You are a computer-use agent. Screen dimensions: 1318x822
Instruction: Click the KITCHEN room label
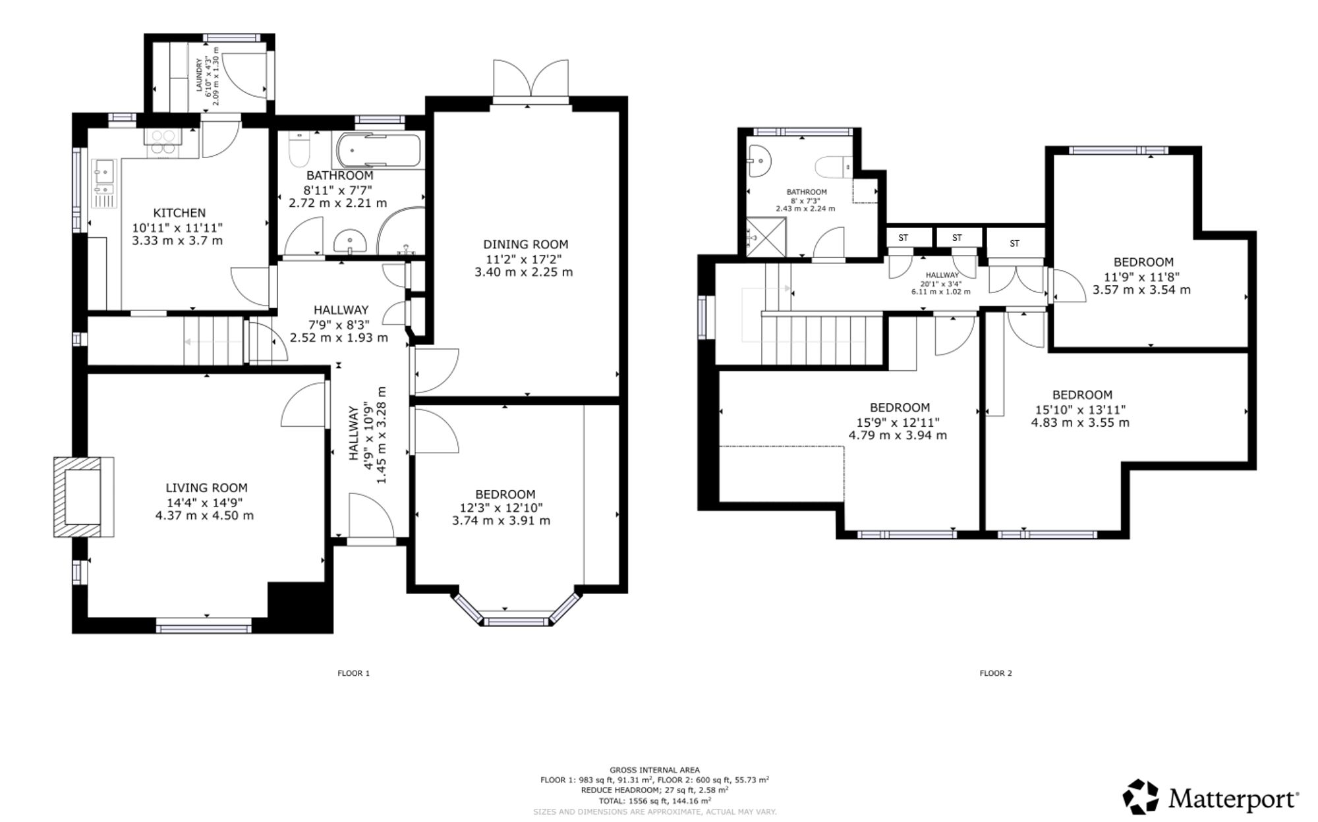click(x=179, y=213)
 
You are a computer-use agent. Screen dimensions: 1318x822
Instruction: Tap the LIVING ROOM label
click(x=206, y=488)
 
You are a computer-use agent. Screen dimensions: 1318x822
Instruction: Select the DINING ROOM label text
click(x=525, y=244)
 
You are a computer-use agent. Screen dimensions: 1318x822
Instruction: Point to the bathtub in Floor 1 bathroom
click(x=378, y=151)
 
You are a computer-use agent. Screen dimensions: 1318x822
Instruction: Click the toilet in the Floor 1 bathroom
click(x=299, y=150)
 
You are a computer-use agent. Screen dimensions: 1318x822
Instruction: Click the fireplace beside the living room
click(x=83, y=497)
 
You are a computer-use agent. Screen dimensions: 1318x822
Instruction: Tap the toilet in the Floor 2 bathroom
click(x=834, y=167)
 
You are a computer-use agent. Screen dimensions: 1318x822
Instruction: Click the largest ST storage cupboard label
click(x=1015, y=244)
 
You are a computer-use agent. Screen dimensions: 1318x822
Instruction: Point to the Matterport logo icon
click(x=1141, y=796)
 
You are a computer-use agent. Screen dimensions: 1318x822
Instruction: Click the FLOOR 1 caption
click(x=354, y=673)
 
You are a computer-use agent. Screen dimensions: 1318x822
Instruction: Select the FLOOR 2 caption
click(x=996, y=673)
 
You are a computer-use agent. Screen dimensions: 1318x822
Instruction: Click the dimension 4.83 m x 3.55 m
click(x=1080, y=422)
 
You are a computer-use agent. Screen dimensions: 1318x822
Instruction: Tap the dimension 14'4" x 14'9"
click(x=204, y=502)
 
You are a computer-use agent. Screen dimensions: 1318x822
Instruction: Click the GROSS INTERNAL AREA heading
click(x=654, y=770)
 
